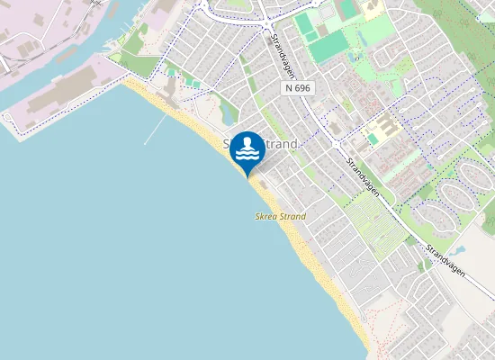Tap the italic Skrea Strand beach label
[x=280, y=217]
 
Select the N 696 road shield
[x=297, y=88]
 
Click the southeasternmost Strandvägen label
[x=447, y=256]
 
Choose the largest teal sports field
[x=329, y=46]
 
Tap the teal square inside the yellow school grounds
[x=373, y=139]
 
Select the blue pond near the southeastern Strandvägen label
[x=461, y=249]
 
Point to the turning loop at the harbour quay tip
[x=8, y=117]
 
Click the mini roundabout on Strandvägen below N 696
[x=336, y=144]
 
